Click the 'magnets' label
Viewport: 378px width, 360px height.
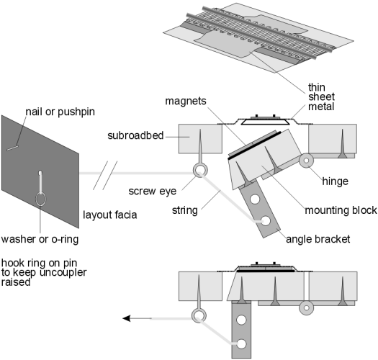pyautogui.click(x=186, y=101)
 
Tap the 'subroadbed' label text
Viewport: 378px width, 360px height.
pyautogui.click(x=135, y=135)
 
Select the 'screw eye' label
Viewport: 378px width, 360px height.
pyautogui.click(x=153, y=192)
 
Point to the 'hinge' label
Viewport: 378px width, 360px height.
pyautogui.click(x=335, y=181)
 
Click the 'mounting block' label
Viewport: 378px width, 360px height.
pyautogui.click(x=341, y=210)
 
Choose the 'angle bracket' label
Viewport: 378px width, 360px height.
pyautogui.click(x=318, y=240)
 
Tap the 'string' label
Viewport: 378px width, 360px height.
pyautogui.click(x=184, y=210)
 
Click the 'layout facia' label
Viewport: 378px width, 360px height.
pyautogui.click(x=109, y=215)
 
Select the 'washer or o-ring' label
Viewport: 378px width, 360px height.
pyautogui.click(x=40, y=240)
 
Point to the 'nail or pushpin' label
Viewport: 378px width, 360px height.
pyautogui.click(x=60, y=112)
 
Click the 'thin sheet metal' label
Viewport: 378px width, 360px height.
pyautogui.click(x=321, y=96)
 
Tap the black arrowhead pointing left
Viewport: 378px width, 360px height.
pyautogui.click(x=127, y=318)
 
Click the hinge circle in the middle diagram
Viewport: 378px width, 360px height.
pyautogui.click(x=306, y=160)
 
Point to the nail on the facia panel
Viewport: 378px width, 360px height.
pyautogui.click(x=12, y=148)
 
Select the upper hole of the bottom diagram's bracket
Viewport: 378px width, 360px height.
pyautogui.click(x=241, y=320)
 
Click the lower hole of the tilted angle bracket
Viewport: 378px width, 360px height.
pyautogui.click(x=266, y=221)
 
